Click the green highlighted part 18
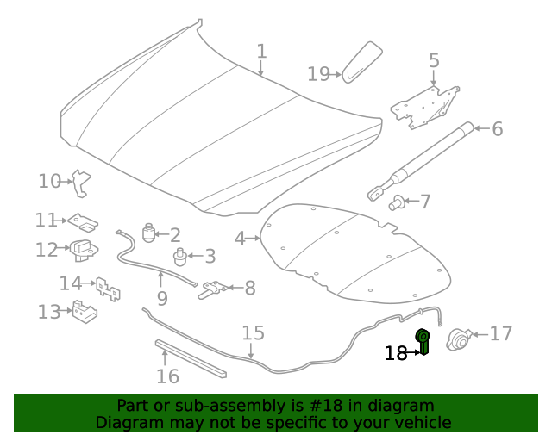423,341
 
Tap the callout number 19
318,74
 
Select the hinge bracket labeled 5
424,107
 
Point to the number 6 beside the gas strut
497,128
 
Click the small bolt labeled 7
396,203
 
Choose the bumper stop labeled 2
149,233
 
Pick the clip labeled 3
180,257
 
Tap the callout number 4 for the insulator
240,239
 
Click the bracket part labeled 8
213,289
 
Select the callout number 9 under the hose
162,299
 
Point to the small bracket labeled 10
81,183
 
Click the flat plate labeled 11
83,222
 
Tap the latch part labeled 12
84,250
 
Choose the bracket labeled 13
85,311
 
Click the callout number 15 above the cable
253,332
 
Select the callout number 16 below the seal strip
167,376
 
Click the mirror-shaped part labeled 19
362,62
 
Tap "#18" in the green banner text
326,406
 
